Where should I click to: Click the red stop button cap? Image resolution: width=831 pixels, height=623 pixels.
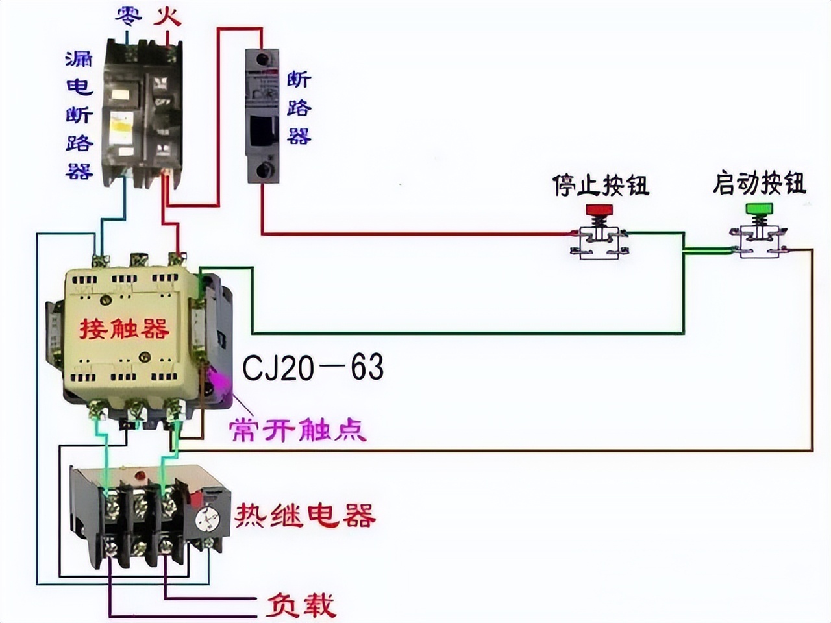click(x=599, y=210)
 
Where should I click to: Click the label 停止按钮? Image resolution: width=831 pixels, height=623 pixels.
click(x=601, y=184)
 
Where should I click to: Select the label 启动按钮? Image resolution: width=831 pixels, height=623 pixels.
click(x=759, y=183)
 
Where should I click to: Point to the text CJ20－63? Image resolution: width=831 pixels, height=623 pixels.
click(x=313, y=367)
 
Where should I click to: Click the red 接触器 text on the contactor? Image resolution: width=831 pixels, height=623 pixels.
click(x=124, y=328)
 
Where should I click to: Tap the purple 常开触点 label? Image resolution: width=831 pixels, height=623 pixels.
click(x=298, y=429)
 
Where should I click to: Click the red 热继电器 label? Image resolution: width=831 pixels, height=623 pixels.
click(x=305, y=515)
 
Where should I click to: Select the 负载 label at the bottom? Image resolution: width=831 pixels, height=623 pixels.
click(x=300, y=605)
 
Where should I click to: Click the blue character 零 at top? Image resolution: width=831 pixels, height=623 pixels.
click(x=129, y=16)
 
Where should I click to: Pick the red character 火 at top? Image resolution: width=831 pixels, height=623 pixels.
click(x=167, y=16)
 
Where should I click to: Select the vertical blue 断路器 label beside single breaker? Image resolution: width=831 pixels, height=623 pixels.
click(x=299, y=108)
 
